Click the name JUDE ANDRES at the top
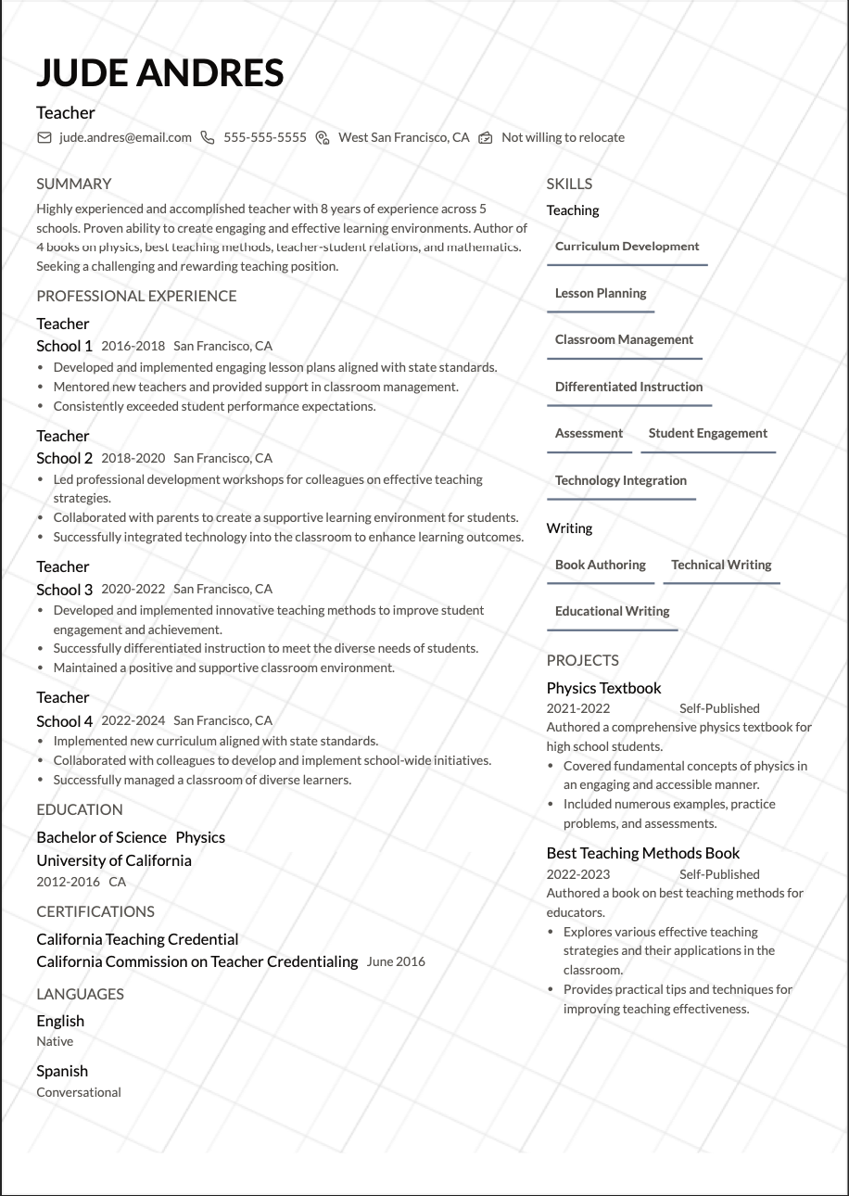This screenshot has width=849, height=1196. pos(160,72)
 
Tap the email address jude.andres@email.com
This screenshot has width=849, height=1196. pos(125,137)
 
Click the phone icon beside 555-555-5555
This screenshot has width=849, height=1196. pos(208,137)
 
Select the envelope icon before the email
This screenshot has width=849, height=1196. pos(44,137)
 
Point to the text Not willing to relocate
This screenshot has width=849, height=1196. pos(563,137)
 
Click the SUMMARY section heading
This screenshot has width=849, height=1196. pos(74,184)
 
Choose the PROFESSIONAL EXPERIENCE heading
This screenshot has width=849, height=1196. pos(136,296)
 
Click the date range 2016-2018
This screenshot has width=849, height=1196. pos(133,346)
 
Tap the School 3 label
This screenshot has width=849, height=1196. pos(65,590)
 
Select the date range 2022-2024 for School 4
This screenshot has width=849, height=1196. pos(133,720)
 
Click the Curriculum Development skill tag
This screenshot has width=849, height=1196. pos(627,247)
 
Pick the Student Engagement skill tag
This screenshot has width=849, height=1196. pos(707,433)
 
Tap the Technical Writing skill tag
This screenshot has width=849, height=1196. pos(721,565)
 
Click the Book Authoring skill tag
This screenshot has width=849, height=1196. pos(600,565)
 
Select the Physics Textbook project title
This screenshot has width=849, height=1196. pos(603,688)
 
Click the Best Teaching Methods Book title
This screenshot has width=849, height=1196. pos(643,853)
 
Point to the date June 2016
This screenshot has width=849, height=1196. pos(396,961)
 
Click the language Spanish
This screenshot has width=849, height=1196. pos(62,1071)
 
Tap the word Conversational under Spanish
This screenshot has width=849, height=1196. pos(79,1092)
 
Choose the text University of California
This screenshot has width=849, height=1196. pos(114,860)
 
